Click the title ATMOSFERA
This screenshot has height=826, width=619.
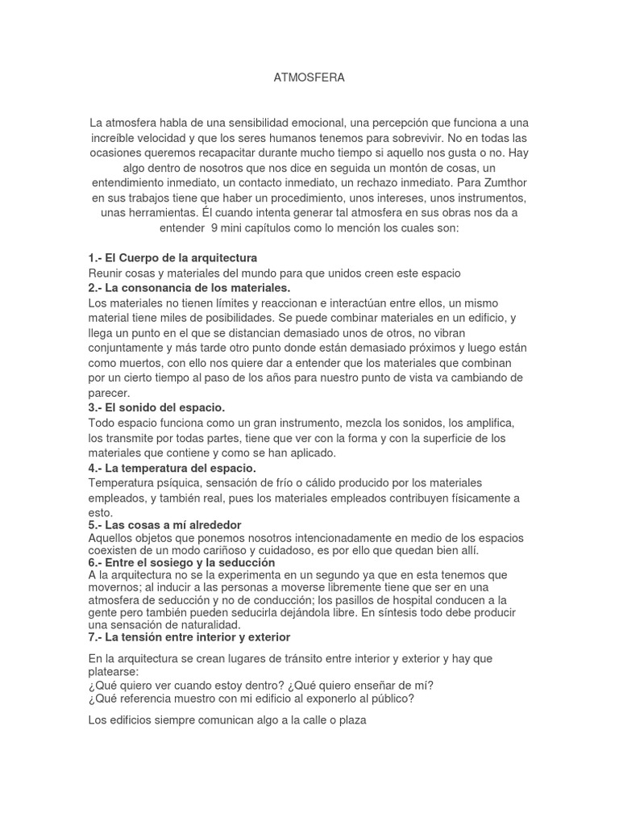[x=309, y=77]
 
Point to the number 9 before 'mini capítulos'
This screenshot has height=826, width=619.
[x=214, y=227]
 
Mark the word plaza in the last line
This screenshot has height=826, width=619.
[x=352, y=720]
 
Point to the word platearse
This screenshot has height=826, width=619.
[x=113, y=671]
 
